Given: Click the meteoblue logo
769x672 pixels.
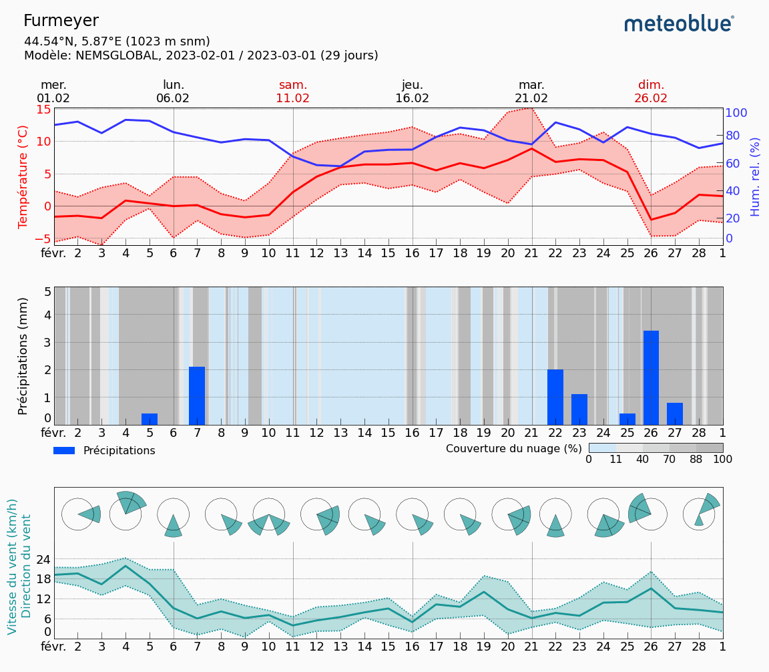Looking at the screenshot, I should tap(679, 24).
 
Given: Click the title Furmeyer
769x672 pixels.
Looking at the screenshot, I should tap(61, 21).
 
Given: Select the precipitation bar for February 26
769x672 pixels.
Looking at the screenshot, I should tap(651, 377).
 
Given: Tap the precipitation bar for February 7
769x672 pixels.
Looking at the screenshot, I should tap(197, 395).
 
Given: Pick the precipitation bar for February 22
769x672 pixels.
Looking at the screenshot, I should tap(555, 397).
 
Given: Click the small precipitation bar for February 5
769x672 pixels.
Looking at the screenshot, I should tap(150, 419).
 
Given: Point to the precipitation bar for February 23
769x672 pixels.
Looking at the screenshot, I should tap(579, 409).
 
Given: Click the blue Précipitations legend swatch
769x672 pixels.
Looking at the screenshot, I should tap(64, 451).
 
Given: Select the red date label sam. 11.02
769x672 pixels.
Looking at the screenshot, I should tap(293, 92).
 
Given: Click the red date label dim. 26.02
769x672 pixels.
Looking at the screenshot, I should tap(651, 92).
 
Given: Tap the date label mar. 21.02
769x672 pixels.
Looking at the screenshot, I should tap(531, 92).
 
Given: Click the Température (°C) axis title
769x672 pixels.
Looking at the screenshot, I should tap(23, 176).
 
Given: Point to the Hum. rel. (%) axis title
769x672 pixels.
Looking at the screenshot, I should tap(755, 176).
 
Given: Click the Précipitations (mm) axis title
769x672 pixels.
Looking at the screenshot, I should tap(23, 356).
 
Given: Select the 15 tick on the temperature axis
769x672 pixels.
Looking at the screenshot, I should tap(44, 109).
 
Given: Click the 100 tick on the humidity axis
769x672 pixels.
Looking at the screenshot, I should tap(736, 112).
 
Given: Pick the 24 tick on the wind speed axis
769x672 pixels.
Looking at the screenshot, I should tap(43, 559).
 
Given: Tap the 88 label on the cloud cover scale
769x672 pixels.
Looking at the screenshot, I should tap(696, 460).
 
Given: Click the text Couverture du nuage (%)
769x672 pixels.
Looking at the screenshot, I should tap(514, 448).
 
